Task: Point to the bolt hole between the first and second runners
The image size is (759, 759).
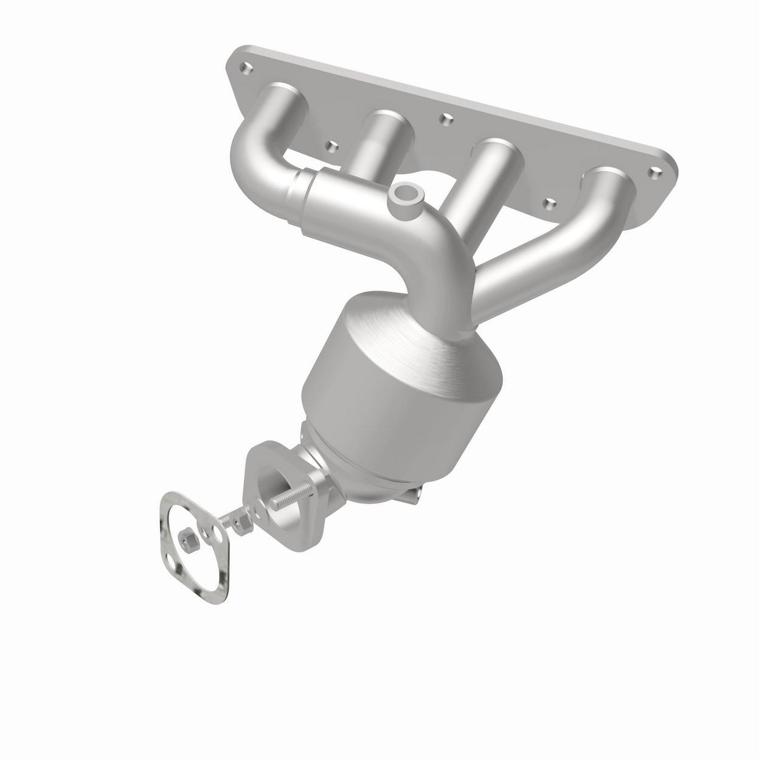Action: pos(331,146)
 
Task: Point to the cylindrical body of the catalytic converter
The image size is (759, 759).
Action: pos(389,420)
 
